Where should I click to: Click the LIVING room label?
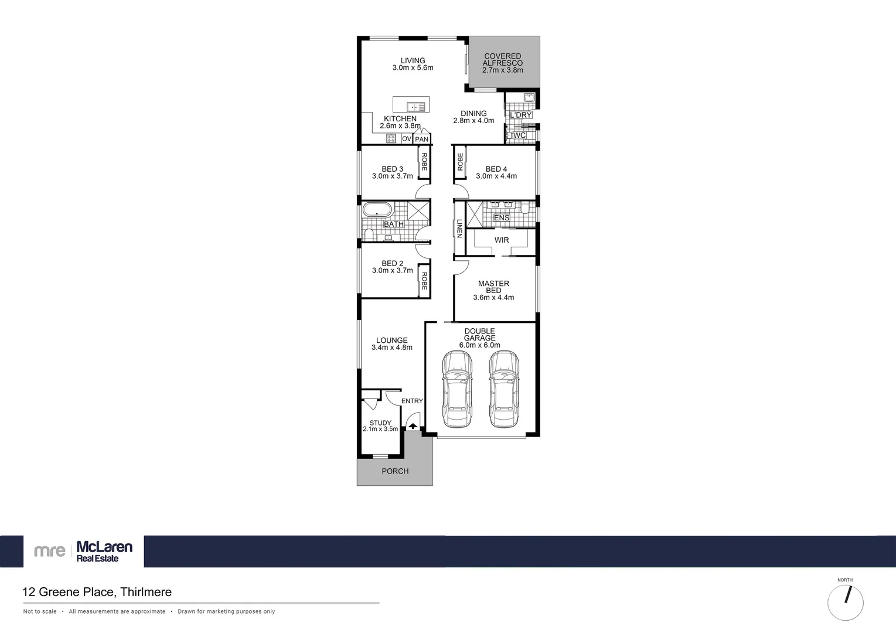pos(413,60)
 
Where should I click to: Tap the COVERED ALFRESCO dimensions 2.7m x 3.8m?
pos(502,70)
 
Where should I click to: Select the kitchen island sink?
pos(417,107)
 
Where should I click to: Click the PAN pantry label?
pos(421,139)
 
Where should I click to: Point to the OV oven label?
pos(406,139)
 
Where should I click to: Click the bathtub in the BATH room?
pos(377,210)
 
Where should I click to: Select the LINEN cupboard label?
pos(459,228)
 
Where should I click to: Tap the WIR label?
pos(502,240)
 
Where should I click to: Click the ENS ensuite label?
pos(502,218)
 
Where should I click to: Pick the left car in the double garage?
pos(457,389)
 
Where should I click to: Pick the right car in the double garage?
pos(504,389)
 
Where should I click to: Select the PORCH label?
pos(395,471)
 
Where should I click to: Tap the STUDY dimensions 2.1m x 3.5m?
pos(380,429)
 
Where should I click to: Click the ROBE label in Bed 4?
pos(460,162)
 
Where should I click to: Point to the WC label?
pos(519,135)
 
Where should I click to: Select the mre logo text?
pos(49,551)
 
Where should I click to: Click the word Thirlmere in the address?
pos(146,592)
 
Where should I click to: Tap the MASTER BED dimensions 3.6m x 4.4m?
pos(493,298)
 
